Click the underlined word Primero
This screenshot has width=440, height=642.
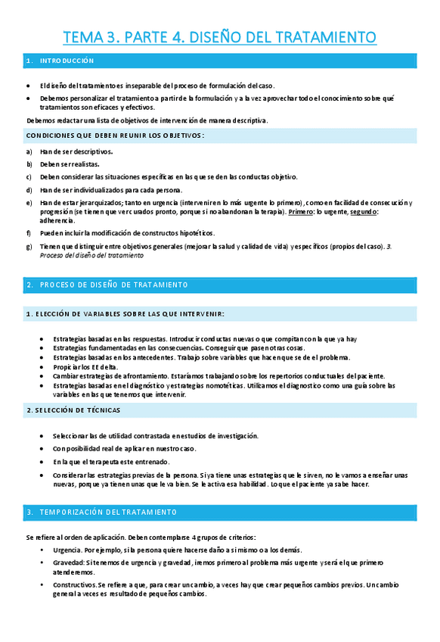click(301, 212)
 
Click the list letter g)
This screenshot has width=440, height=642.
click(29, 246)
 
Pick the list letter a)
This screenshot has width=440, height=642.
click(29, 151)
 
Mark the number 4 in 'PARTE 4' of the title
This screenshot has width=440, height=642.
click(172, 37)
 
